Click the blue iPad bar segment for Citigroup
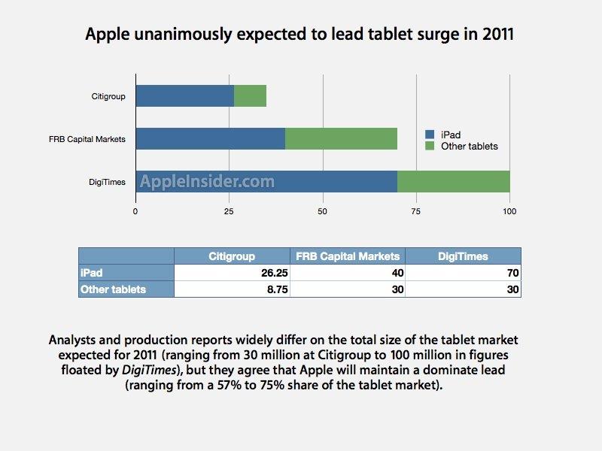(x=184, y=95)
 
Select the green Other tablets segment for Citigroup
(x=250, y=95)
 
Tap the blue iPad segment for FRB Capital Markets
(x=210, y=138)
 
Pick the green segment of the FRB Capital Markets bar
(x=341, y=138)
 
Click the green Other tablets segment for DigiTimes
(x=453, y=181)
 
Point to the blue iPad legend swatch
(x=430, y=135)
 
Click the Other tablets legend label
(x=470, y=146)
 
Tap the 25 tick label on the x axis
(x=229, y=211)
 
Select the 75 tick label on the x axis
(x=416, y=211)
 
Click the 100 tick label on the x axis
(x=509, y=211)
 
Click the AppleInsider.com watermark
(x=207, y=181)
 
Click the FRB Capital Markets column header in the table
(x=348, y=256)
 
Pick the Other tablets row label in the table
(x=113, y=289)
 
